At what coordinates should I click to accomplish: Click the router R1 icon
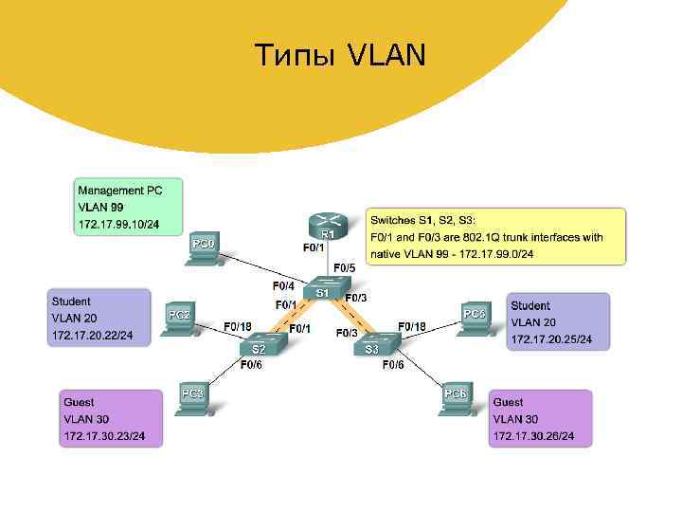(x=327, y=224)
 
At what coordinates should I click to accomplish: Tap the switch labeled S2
(x=260, y=347)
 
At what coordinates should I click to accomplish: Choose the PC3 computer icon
(x=193, y=398)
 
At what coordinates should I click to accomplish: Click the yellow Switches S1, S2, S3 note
(x=497, y=237)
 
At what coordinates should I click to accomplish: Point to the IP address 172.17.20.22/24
(x=93, y=336)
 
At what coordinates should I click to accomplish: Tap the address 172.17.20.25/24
(x=552, y=338)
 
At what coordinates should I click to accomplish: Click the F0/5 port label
(x=344, y=268)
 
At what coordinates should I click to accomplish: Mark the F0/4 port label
(x=283, y=284)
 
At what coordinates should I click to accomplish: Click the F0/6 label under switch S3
(x=393, y=365)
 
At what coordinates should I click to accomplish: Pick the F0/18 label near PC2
(x=238, y=326)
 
